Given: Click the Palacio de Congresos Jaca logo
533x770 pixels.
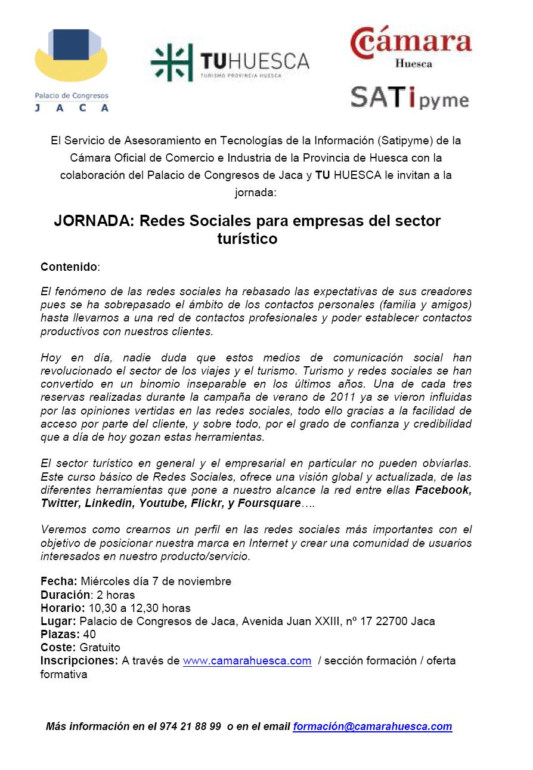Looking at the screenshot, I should tap(72, 69).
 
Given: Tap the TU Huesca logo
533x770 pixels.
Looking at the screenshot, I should tap(230, 63).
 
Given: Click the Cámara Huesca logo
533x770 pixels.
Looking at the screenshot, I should tap(411, 47).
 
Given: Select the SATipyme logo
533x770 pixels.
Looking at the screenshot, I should tap(410, 98).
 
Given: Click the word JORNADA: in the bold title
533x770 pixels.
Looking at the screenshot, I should tap(94, 221).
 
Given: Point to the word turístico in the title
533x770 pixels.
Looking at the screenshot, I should tap(247, 239).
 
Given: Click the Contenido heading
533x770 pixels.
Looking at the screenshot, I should tap(69, 267).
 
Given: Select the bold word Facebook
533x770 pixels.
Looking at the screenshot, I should tap(444, 490).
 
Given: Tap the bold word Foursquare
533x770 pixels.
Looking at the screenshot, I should tap(269, 503).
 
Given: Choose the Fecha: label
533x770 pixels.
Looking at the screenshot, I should tap(59, 582).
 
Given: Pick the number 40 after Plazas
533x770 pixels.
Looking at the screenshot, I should tap(90, 635).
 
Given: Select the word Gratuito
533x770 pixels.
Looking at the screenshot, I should tap(100, 648).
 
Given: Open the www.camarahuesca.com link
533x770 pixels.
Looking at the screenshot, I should tap(247, 661).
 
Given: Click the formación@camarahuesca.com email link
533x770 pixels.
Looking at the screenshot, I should tap(372, 727).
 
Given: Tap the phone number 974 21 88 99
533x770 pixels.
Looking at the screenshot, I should tap(190, 727).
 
